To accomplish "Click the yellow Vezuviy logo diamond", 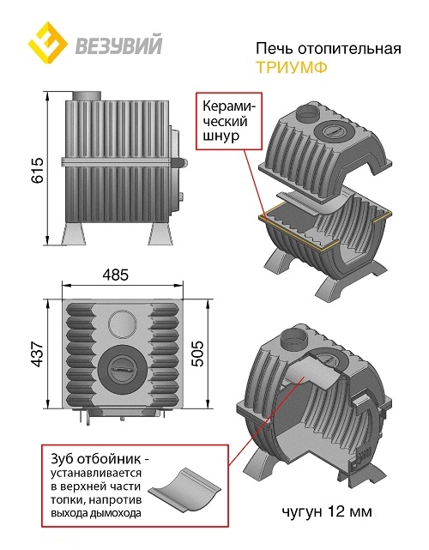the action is click(x=48, y=42).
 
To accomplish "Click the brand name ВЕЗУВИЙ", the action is click(x=119, y=45).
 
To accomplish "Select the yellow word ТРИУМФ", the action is click(x=292, y=67).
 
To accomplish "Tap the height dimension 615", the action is click(x=37, y=170).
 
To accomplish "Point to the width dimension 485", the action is click(x=116, y=275).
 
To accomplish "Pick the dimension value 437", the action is click(x=37, y=354).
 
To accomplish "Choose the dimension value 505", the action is click(x=197, y=354).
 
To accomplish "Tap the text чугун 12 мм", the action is click(x=327, y=511).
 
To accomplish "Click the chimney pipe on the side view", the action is click(x=87, y=95).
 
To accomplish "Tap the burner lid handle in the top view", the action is click(x=122, y=370).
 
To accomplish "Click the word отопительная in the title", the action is click(x=349, y=48).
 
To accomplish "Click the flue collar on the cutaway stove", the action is click(x=295, y=338).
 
